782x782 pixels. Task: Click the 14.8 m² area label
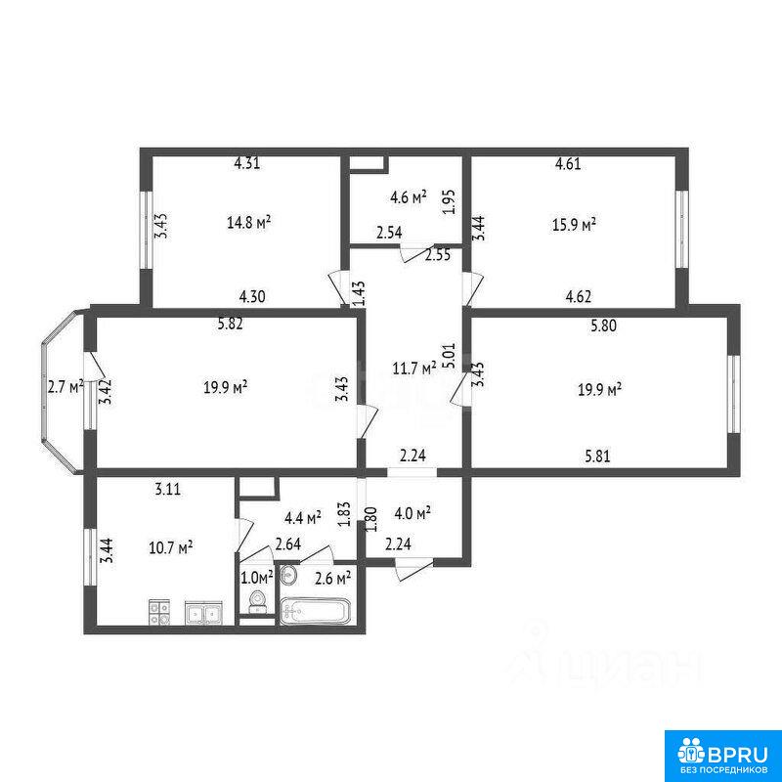click(x=249, y=222)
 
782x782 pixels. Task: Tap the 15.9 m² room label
click(x=575, y=225)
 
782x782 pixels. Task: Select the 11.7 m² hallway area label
click(x=414, y=369)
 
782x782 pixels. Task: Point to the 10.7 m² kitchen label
click(x=171, y=548)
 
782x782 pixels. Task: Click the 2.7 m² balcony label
click(x=65, y=386)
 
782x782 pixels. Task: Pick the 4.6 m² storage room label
click(x=409, y=197)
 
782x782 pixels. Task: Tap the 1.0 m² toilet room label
click(x=257, y=578)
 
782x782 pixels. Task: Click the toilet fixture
click(x=258, y=601)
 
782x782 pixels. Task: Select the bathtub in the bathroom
click(x=315, y=610)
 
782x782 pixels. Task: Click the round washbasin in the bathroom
click(x=288, y=575)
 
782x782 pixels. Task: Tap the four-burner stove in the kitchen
click(x=159, y=613)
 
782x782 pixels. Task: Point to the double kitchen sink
click(x=203, y=613)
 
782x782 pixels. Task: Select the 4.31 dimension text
click(x=247, y=163)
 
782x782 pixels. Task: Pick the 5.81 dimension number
click(x=597, y=456)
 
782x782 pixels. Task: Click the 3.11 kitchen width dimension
click(x=167, y=490)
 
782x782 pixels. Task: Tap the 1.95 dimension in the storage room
click(x=450, y=201)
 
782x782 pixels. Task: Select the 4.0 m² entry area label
click(x=413, y=513)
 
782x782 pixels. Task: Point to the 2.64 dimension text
click(x=287, y=544)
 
